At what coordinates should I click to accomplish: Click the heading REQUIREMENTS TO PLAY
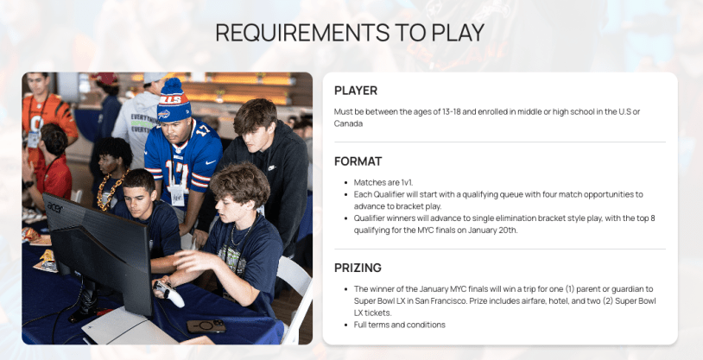(350, 32)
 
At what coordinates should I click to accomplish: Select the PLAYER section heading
(356, 91)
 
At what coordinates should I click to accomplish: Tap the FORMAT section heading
(358, 161)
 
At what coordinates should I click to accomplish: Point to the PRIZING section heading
(358, 268)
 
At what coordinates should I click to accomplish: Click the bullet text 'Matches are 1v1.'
(383, 182)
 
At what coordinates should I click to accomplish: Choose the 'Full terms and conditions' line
(400, 325)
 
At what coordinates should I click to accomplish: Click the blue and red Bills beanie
(174, 101)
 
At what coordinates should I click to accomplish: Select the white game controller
(169, 294)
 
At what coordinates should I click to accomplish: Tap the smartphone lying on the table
(206, 326)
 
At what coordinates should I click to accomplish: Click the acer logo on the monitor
(55, 207)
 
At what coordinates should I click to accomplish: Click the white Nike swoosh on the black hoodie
(272, 168)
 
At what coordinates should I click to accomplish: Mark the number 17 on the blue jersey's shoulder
(203, 130)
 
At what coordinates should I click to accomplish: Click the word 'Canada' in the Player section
(348, 123)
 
